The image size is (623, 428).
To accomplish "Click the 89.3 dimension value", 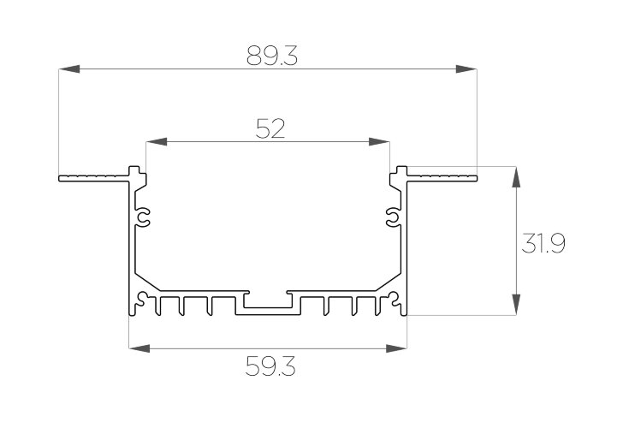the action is (x=272, y=56).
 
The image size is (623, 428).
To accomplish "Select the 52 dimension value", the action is (x=270, y=128).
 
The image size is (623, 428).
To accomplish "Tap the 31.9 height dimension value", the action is (x=543, y=243).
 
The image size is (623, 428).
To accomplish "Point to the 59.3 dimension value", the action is (x=270, y=366).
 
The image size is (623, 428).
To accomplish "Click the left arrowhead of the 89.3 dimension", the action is (x=69, y=68).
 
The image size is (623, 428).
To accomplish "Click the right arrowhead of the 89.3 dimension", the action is (x=466, y=68).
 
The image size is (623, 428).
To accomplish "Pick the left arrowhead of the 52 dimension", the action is (x=157, y=141).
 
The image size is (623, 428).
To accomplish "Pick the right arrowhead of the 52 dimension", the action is (x=379, y=141).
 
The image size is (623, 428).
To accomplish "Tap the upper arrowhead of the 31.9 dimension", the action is (x=516, y=177).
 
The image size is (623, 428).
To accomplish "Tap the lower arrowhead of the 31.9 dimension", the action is (x=516, y=305).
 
